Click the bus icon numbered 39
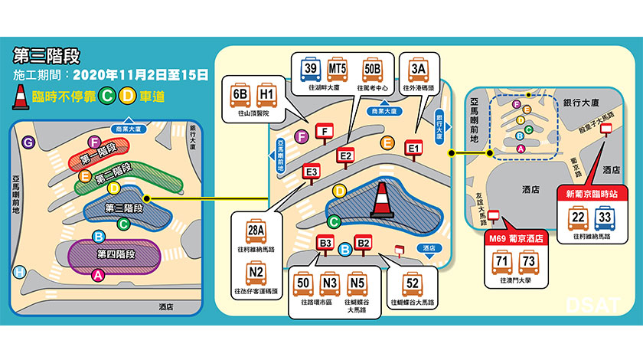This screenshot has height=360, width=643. [x=312, y=70]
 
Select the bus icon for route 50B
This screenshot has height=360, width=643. [x=372, y=70]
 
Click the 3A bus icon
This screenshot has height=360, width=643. [x=418, y=70]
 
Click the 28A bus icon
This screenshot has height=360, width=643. [x=256, y=230]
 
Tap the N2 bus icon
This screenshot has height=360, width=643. [x=256, y=273]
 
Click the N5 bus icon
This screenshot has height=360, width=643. [x=357, y=285]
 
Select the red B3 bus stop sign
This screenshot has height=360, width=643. [x=325, y=244]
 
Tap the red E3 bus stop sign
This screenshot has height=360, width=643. [x=312, y=173]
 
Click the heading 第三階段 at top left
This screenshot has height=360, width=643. [x=47, y=57]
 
